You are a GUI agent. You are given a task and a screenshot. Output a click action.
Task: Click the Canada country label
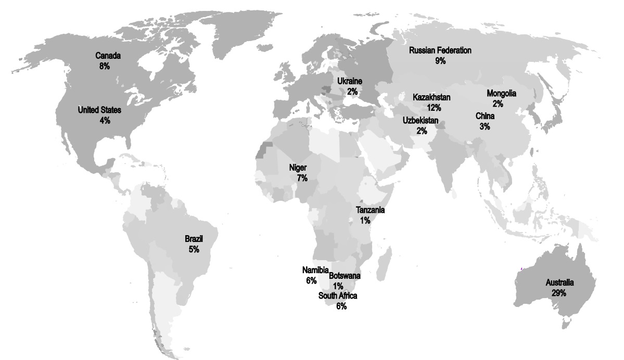tap(108, 56)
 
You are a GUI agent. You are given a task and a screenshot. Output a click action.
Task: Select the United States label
tap(99, 110)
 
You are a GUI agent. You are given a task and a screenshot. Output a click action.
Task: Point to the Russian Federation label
tap(440, 50)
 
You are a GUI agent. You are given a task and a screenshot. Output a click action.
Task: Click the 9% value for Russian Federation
tap(441, 61)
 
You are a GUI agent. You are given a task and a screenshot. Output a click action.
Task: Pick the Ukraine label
tap(349, 81)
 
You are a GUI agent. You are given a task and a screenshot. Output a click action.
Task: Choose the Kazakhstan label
tap(431, 98)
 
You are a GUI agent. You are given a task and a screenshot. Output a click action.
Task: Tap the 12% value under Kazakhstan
tap(434, 108)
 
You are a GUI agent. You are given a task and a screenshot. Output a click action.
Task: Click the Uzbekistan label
tap(421, 121)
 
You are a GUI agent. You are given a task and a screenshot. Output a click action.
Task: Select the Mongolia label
tap(501, 94)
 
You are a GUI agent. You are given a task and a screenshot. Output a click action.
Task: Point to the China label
tap(485, 116)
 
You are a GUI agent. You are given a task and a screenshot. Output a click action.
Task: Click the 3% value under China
tap(485, 126)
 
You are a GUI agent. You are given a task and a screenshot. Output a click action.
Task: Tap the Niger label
tap(298, 168)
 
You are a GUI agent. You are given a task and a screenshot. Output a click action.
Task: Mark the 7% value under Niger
tap(302, 178)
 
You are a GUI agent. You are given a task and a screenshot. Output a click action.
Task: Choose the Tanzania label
tap(370, 210)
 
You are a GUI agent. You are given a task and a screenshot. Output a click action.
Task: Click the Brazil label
tap(194, 239)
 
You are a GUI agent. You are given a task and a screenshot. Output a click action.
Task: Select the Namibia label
tap(315, 270)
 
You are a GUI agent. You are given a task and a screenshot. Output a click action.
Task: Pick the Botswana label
tap(345, 276)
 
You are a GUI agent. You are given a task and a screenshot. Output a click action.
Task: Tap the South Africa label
tap(338, 296)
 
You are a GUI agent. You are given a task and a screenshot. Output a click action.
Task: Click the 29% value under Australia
tap(559, 293)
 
